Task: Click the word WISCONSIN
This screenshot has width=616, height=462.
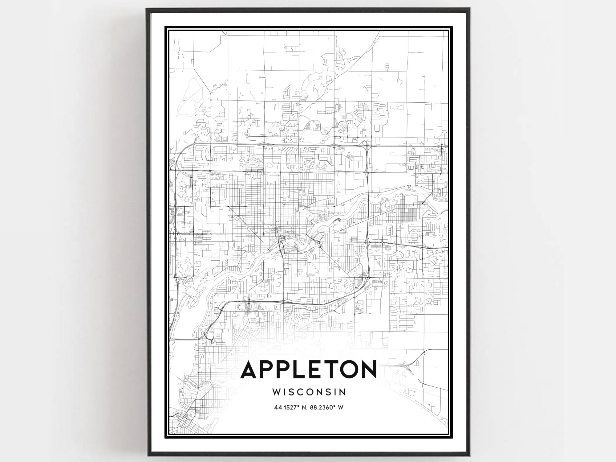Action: click(309, 392)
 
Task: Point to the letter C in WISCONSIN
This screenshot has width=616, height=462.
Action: click(303, 392)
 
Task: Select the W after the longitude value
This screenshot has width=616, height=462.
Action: click(341, 407)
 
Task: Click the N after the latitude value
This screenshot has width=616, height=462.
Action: click(304, 407)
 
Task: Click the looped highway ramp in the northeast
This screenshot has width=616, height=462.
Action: click(365, 143)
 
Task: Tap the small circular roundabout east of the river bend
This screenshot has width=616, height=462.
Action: click(410, 187)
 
